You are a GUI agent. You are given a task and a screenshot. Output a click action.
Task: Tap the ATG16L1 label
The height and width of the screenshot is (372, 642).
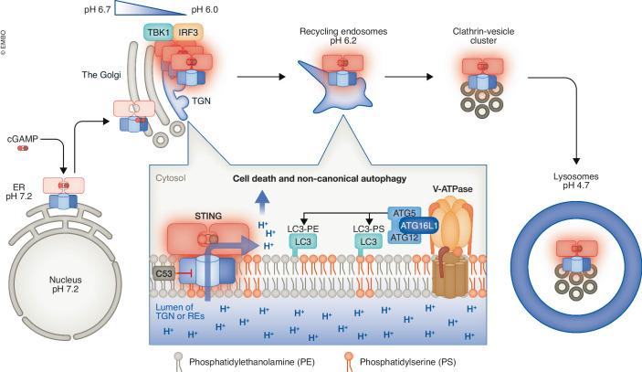pos(419,222)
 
